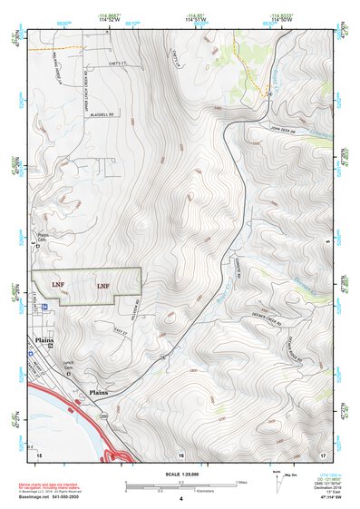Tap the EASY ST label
[123, 333]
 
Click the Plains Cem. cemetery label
[42, 237]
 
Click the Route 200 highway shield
[103, 416]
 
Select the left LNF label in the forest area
[58, 285]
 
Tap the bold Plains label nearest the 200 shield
[101, 393]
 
